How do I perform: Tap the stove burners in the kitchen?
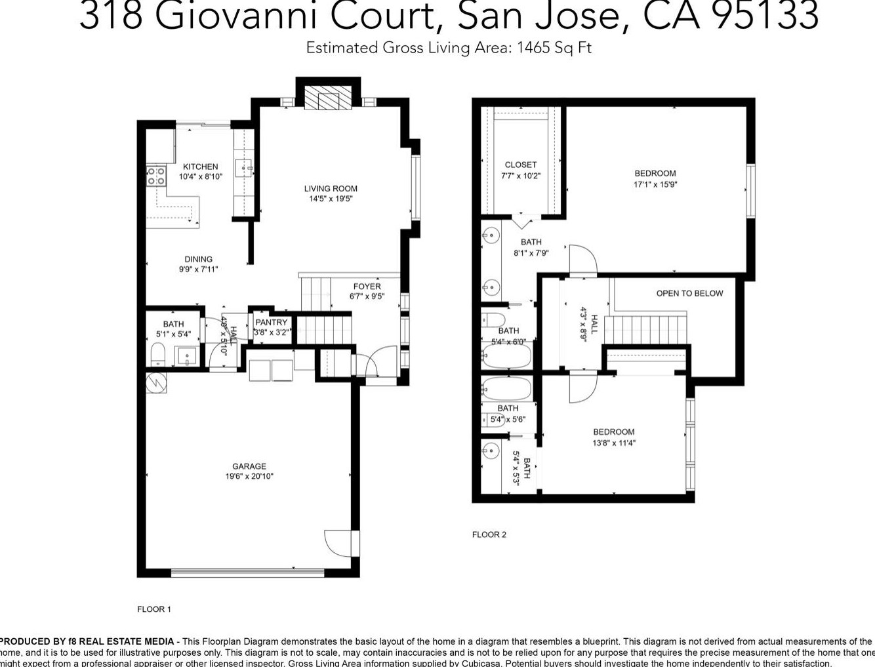point(156,175)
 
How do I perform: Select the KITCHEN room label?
point(200,167)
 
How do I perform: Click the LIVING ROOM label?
point(331,189)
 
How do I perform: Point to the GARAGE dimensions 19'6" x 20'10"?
point(249,477)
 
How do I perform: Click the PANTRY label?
point(272,322)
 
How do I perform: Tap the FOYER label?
point(367,287)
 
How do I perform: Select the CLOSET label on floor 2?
point(521,165)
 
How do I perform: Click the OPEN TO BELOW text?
point(689,293)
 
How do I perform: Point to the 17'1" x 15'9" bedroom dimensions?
point(655,184)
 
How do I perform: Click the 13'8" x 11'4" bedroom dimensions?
point(613,443)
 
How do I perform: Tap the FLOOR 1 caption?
point(154,609)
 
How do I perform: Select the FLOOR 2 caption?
point(489,535)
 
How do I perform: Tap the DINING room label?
point(198,259)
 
